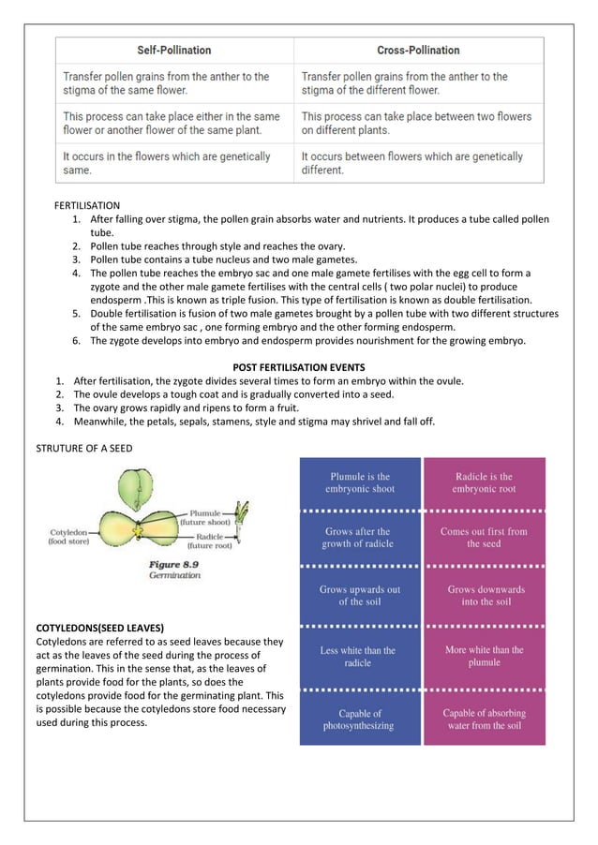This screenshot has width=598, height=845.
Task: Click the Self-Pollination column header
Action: pos(175,50)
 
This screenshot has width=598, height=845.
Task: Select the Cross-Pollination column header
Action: pos(418,50)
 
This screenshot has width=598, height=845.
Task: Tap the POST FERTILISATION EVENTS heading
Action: pos(298,366)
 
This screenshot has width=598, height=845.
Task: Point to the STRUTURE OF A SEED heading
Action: pos(84,448)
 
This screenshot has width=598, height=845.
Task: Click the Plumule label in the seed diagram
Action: pos(204,513)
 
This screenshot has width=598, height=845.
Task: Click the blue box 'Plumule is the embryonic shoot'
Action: pos(360,482)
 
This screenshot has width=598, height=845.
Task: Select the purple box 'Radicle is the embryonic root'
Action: pos(484,482)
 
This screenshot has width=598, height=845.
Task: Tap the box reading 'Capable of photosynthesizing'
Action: pos(360,719)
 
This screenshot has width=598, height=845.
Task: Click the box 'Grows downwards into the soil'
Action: pos(484,596)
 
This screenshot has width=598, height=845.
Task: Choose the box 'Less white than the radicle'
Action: pos(360,656)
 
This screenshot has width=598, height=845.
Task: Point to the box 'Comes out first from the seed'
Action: pos(484,537)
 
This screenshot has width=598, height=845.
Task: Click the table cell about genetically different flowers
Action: pos(418,163)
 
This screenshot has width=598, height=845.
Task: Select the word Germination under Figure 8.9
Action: pos(175,576)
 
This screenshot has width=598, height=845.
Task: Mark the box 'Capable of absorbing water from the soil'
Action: pos(484,719)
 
